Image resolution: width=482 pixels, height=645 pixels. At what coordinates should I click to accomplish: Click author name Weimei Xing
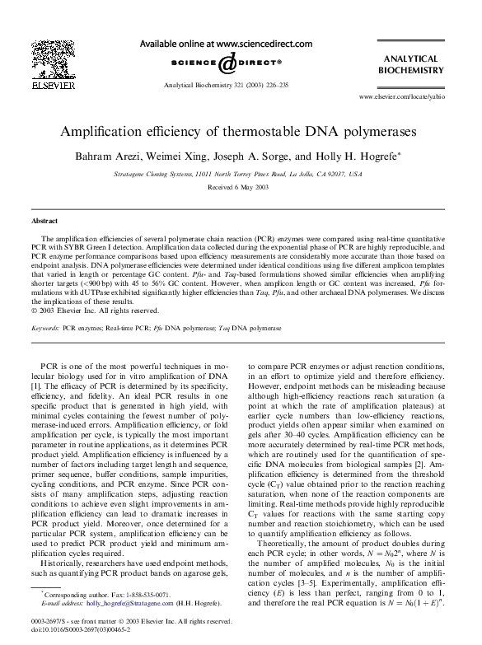[x=194, y=156]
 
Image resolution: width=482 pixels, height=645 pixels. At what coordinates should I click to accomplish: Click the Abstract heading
[x=44, y=222]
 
